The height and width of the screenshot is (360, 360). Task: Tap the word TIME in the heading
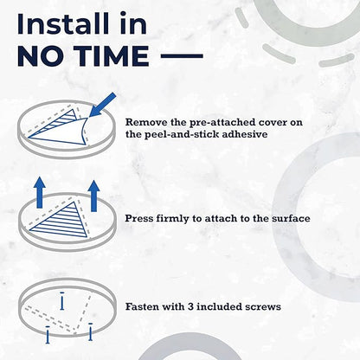111,56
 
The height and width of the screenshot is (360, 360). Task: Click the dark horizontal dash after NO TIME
182,56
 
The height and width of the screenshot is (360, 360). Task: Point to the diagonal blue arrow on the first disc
102,105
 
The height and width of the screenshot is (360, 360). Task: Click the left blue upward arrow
40,193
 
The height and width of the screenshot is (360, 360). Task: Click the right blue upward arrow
93,196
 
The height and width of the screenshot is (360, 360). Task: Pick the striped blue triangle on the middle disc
64,222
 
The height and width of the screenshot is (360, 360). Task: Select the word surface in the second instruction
291,218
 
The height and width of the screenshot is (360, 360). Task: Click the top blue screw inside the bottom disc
62,301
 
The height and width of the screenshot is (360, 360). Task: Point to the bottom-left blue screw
48,335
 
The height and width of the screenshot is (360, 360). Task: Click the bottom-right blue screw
91,331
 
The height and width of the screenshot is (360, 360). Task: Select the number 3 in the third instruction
190,306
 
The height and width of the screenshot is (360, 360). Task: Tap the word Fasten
142,306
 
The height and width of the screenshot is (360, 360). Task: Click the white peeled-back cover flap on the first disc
62,132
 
